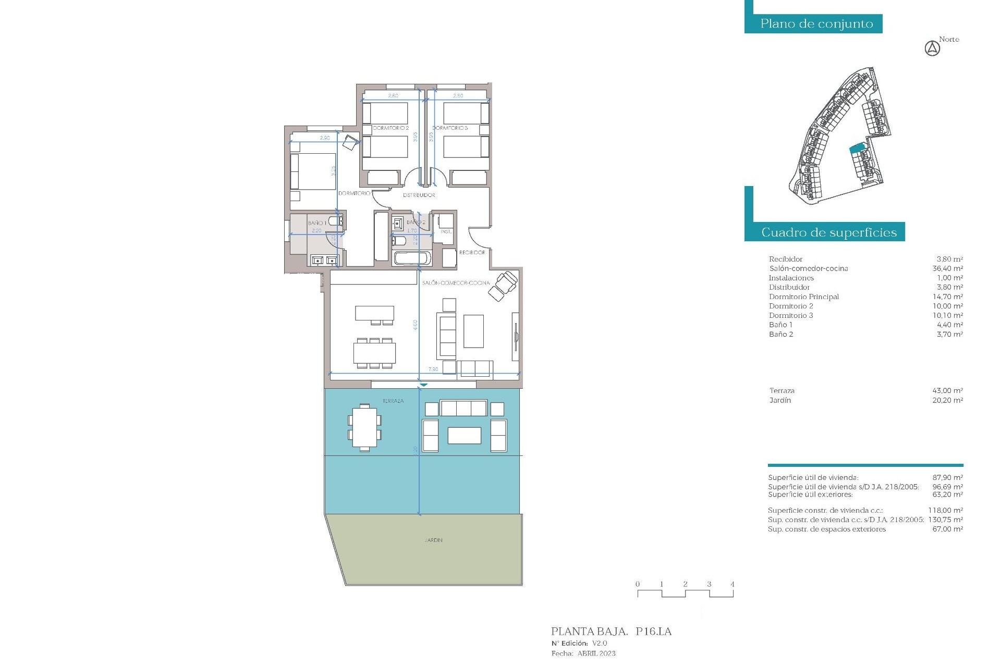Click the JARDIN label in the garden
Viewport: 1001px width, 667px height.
(433, 540)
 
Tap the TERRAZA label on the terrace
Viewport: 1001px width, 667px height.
(393, 401)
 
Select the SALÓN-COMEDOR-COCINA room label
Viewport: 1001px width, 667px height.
(456, 283)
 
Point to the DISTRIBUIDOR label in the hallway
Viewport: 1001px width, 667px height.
(419, 195)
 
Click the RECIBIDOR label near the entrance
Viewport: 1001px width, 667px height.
(472, 253)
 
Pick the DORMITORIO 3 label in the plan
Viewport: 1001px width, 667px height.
(450, 128)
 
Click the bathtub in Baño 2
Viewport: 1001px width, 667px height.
(412, 258)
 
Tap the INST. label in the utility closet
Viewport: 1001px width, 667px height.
(446, 232)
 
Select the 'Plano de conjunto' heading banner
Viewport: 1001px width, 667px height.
(816, 24)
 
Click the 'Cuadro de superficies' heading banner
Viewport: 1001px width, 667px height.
(828, 232)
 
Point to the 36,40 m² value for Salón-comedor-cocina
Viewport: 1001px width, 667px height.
(947, 269)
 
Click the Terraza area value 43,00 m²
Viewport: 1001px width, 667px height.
(947, 391)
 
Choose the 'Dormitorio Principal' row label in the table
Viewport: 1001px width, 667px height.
(803, 297)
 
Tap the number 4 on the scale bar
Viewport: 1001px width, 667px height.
(732, 584)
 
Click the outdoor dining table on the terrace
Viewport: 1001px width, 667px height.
(364, 427)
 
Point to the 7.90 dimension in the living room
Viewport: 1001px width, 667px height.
(433, 369)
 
